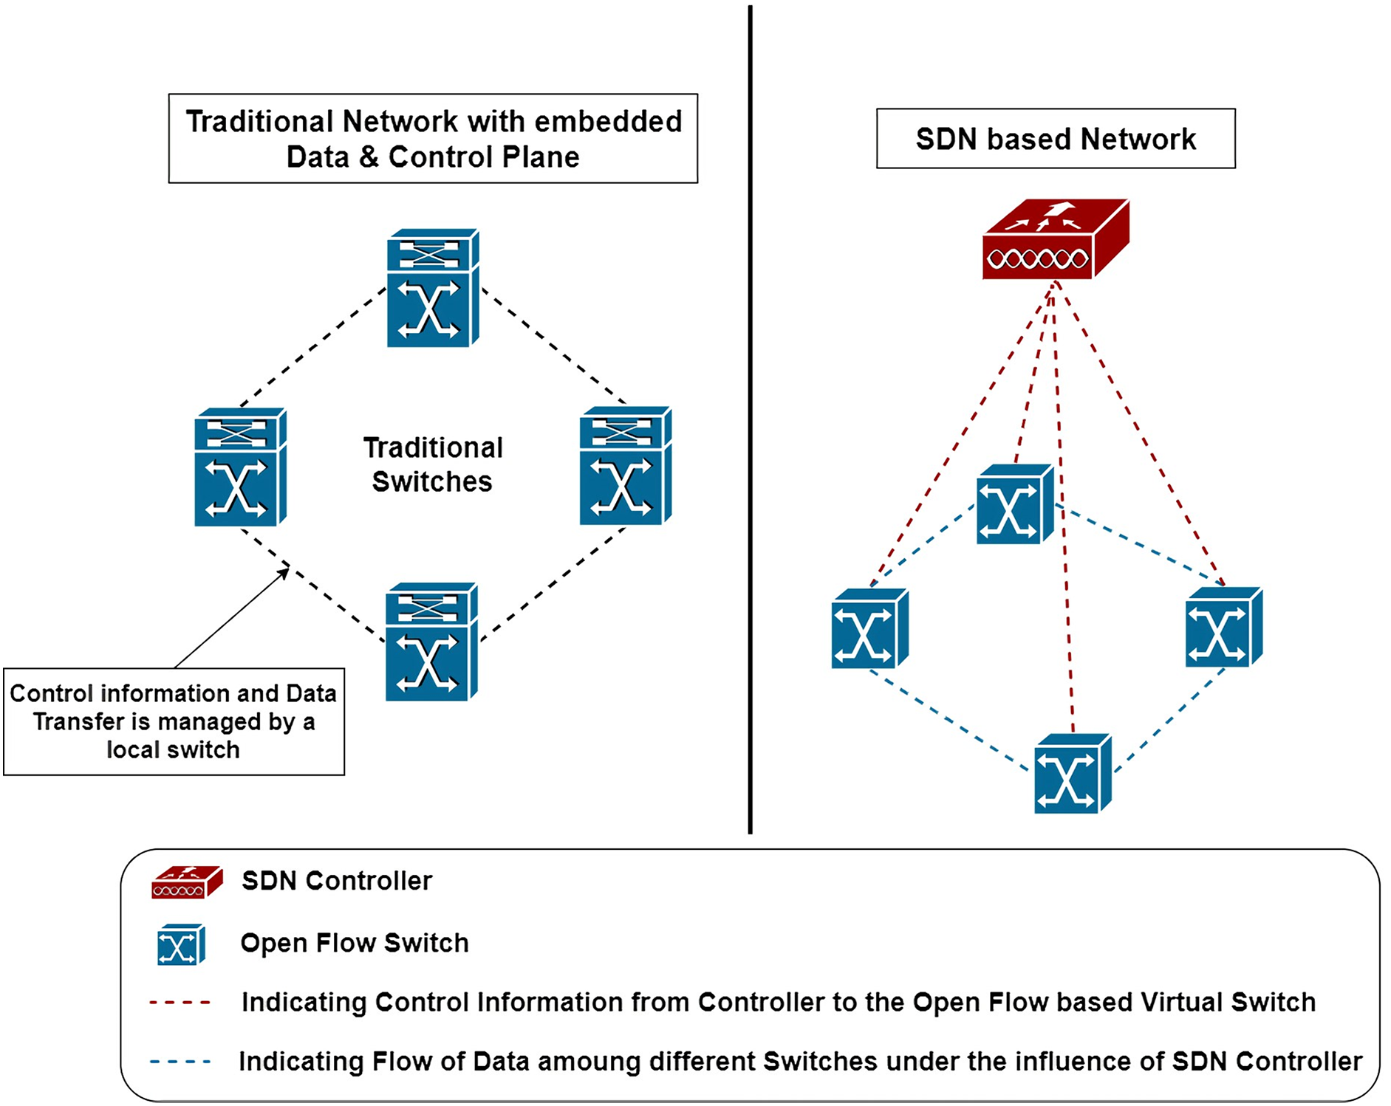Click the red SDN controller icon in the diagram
1055,239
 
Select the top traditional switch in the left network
433,288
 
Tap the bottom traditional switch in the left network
431,642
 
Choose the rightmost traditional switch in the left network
625,466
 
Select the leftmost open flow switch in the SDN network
869,628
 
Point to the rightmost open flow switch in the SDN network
1223,628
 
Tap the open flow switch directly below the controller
1014,504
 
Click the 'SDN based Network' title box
1055,139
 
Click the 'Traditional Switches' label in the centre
433,464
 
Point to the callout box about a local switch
174,721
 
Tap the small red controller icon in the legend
186,882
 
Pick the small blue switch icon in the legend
181,944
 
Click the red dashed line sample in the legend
180,1003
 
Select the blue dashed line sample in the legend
180,1062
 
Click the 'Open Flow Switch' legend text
355,943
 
